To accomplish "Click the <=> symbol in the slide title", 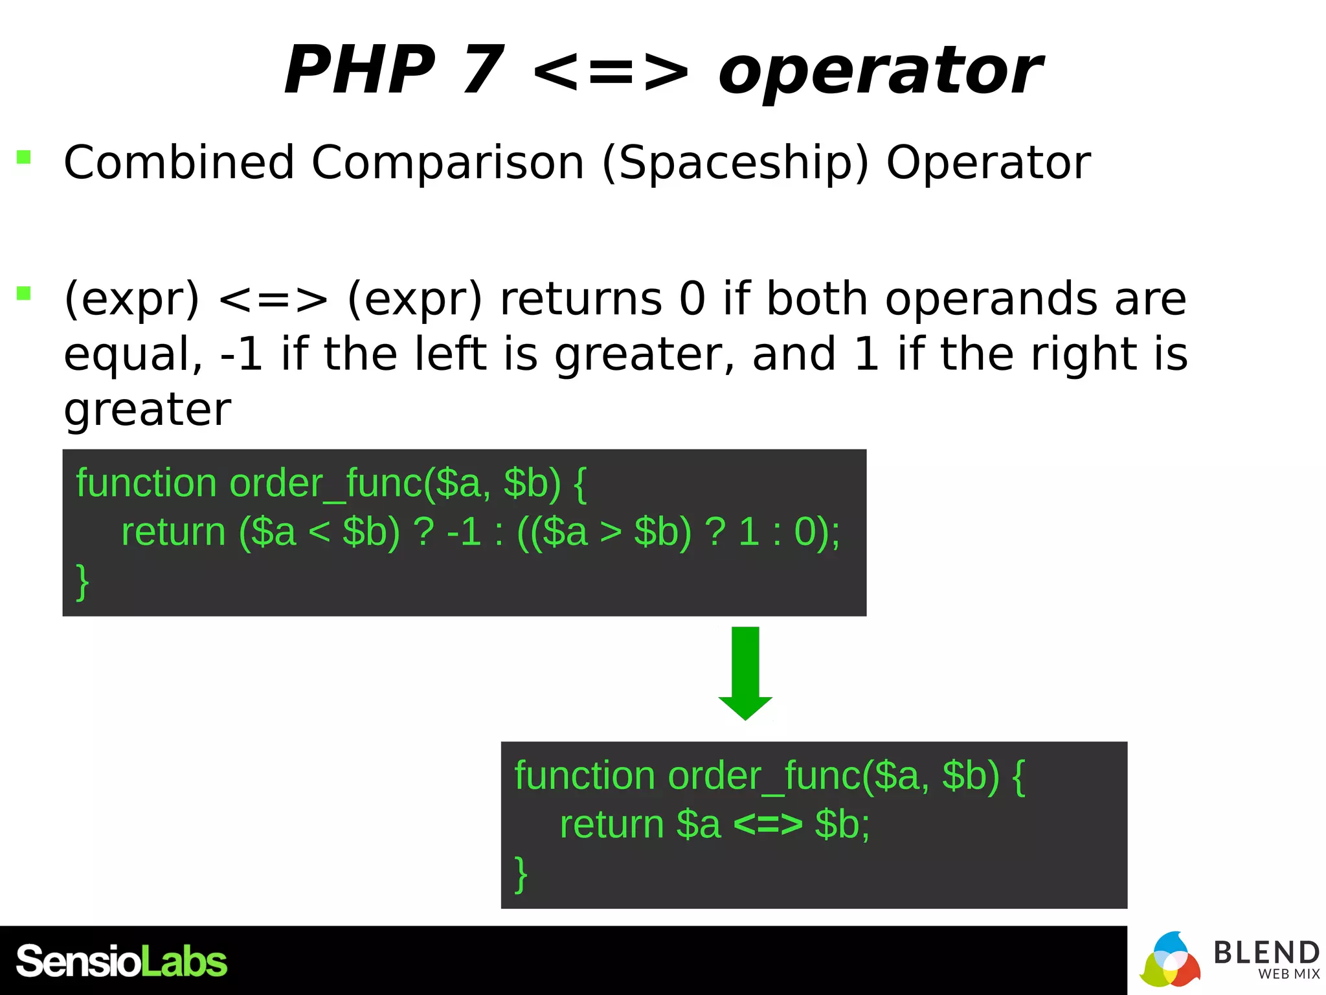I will coord(611,71).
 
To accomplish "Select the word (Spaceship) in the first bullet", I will coord(736,163).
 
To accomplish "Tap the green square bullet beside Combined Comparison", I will coord(24,157).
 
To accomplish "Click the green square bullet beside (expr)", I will coord(24,293).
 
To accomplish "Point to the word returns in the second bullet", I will coord(581,299).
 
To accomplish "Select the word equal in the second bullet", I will coord(133,354).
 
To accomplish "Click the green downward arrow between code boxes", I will coord(745,673).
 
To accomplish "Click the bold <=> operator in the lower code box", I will coord(768,825).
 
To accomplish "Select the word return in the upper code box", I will coord(173,532).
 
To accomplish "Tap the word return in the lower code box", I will coord(612,825).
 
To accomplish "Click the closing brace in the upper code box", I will coord(82,581).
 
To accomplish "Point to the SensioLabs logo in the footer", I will coord(122,961).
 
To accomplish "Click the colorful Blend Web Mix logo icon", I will coord(1169,961).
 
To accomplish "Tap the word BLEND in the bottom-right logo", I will coord(1266,953).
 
